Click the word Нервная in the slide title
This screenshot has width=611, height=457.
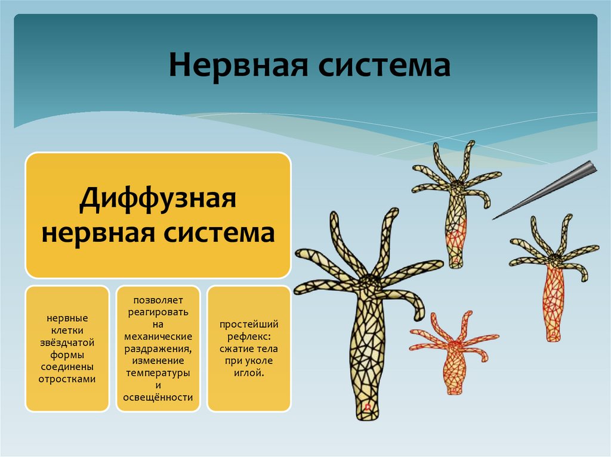click(237, 66)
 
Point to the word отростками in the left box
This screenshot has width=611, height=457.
click(67, 378)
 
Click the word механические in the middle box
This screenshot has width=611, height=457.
click(158, 337)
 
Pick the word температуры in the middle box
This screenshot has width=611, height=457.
click(158, 373)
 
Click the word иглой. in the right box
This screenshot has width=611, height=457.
click(249, 373)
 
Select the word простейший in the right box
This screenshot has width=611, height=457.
click(249, 325)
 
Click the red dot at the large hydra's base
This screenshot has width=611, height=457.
click(368, 408)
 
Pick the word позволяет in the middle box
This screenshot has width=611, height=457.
click(158, 300)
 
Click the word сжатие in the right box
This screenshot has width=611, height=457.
click(237, 349)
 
